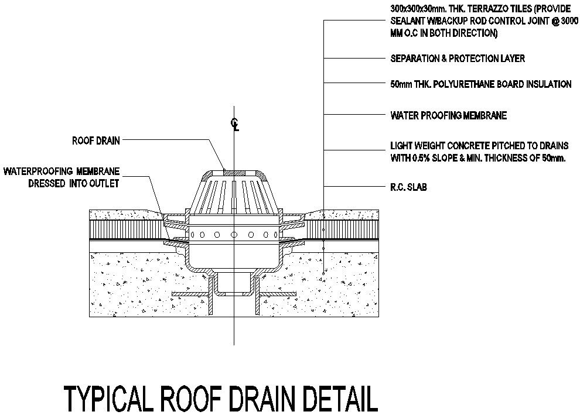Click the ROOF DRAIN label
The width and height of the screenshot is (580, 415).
coord(96,140)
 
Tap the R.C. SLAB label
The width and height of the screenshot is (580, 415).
coord(409,187)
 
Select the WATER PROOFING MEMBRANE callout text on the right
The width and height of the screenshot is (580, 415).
coord(449,116)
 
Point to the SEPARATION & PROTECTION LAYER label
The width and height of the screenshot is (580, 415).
coord(458,59)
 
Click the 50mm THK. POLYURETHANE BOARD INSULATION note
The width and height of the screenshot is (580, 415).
coord(481,84)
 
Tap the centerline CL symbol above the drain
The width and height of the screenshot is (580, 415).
coord(234,125)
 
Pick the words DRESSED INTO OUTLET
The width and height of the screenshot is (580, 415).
coord(74,183)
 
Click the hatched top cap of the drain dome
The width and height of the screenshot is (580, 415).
coord(234,173)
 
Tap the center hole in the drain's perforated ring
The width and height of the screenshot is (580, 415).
coord(234,235)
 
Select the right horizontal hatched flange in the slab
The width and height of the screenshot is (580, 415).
coord(278,294)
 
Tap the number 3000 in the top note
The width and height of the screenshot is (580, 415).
coord(569,20)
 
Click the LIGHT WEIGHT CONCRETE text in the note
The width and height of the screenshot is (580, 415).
coord(436,145)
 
